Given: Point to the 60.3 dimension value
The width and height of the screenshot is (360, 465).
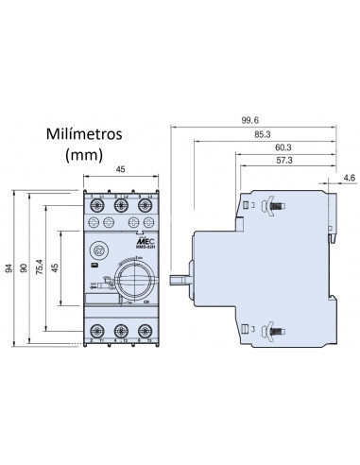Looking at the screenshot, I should click(x=282, y=147).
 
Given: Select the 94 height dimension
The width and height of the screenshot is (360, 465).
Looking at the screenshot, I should click(x=10, y=269).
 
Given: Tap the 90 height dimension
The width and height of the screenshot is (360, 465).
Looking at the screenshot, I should click(x=26, y=269).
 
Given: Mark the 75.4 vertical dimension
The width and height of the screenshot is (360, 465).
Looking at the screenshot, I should click(x=40, y=269).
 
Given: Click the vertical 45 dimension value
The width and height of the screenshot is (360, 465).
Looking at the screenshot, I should click(x=56, y=269).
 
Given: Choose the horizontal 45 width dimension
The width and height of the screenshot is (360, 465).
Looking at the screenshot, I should click(x=121, y=171).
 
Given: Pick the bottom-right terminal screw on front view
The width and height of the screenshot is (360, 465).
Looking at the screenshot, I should click(x=144, y=331).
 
